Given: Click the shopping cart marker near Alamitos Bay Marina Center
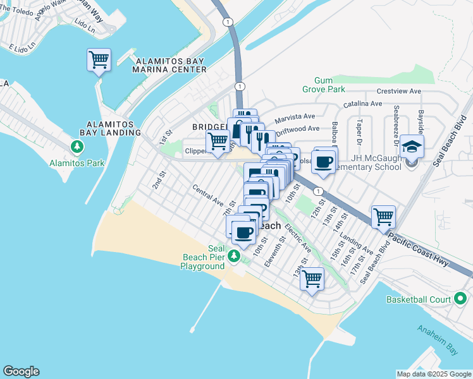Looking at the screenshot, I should click(99, 61).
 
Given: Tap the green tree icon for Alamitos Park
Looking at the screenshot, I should click(77, 147).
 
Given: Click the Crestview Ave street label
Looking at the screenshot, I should click(398, 92).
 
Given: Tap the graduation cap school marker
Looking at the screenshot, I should click(412, 147).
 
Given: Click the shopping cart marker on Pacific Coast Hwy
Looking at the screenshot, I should click(383, 217).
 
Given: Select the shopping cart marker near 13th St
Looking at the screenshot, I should click(312, 278).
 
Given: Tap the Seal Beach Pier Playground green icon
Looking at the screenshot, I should click(234, 256).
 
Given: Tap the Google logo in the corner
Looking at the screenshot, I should click(21, 371).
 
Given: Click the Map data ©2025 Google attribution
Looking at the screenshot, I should click(433, 374).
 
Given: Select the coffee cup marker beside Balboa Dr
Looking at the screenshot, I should click(324, 162).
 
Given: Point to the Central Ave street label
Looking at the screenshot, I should click(208, 195).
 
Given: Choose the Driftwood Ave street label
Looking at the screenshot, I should click(298, 129).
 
